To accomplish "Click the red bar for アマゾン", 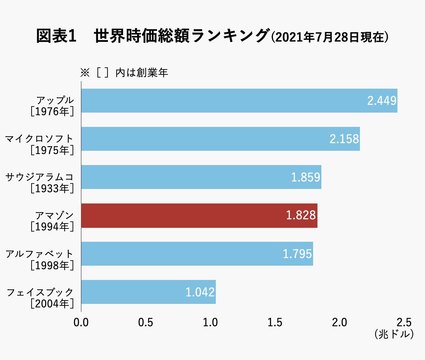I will tap(199, 216).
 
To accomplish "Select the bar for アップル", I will tap(239, 101).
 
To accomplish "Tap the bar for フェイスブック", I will tap(148, 293).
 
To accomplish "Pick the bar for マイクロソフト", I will tap(220, 139).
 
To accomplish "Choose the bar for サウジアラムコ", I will tap(201, 178).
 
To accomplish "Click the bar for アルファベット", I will tap(197, 254).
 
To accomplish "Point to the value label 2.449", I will tap(381, 101).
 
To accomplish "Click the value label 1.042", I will tap(200, 293).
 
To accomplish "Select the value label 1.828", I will tap(301, 216).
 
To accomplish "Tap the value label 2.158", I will tap(344, 139).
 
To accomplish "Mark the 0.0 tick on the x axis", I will tap(82, 322).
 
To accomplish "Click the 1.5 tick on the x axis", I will tap(275, 322).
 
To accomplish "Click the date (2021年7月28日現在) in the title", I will tap(330, 39).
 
